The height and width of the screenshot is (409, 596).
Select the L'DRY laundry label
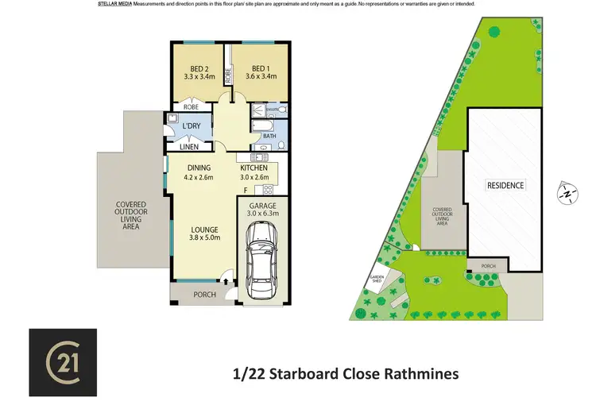[191, 127]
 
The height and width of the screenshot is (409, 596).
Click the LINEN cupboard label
[189, 147]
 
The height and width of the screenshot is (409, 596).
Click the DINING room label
[199, 168]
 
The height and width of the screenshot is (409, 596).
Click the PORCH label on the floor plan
[205, 295]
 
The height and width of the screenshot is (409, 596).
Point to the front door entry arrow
[227, 279]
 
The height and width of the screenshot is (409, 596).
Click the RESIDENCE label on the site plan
[505, 185]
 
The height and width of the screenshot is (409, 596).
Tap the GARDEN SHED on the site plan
[376, 280]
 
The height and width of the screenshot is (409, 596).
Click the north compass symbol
[567, 191]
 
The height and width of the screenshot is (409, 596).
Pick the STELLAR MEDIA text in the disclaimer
[114, 4]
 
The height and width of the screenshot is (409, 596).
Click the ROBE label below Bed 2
[191, 106]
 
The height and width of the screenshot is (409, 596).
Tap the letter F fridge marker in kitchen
[246, 189]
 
